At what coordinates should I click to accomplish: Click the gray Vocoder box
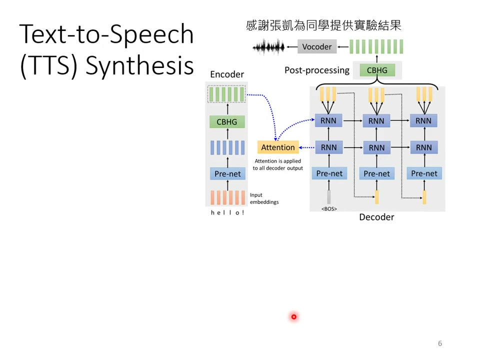(317, 47)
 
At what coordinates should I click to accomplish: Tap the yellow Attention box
(278, 147)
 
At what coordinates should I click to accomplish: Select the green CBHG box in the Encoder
(227, 122)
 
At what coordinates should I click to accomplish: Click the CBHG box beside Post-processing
(377, 70)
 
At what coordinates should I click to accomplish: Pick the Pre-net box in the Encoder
(227, 174)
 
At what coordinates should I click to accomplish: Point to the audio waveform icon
(268, 47)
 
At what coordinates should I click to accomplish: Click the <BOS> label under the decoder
(329, 208)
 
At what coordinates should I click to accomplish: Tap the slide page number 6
(440, 343)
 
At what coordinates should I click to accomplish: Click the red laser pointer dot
(293, 316)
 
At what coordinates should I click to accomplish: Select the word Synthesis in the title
(140, 65)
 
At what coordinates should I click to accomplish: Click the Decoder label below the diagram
(376, 217)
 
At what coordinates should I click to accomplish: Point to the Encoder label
(227, 74)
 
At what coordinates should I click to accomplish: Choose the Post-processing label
(317, 70)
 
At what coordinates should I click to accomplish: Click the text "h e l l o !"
(227, 212)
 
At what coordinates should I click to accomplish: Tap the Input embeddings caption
(264, 198)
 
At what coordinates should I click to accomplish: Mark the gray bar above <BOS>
(329, 196)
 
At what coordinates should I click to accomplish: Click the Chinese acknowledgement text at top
(324, 25)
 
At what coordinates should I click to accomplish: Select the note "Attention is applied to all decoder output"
(277, 164)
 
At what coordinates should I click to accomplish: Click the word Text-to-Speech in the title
(106, 34)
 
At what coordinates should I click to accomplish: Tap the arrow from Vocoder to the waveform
(291, 47)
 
